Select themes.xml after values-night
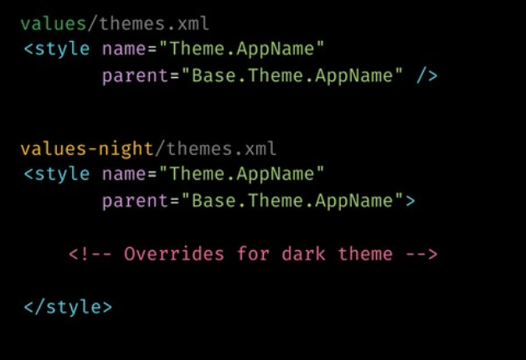coord(222,150)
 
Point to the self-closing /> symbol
coord(426,76)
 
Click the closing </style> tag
coord(68,306)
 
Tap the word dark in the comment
coord(300,254)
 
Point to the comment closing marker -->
coord(421,254)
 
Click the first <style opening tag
coord(56,49)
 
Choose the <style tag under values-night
coord(56,174)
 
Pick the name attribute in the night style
coord(121,174)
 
